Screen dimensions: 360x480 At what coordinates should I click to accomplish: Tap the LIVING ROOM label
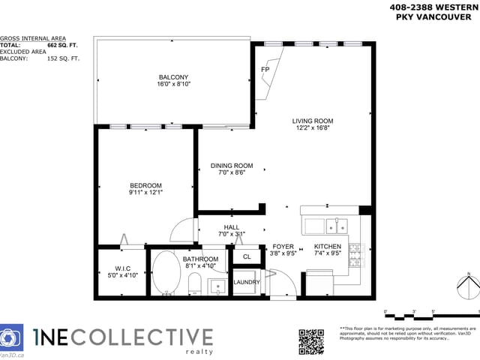pyautogui.click(x=313, y=121)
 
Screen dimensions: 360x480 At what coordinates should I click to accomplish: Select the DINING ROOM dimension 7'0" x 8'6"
pyautogui.click(x=231, y=173)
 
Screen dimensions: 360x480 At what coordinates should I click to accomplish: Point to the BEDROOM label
pyautogui.click(x=145, y=185)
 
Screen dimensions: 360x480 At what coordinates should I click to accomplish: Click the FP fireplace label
pyautogui.click(x=265, y=70)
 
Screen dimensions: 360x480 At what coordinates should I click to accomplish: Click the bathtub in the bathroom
pyautogui.click(x=166, y=274)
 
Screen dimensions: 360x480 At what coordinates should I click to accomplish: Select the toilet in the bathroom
pyautogui.click(x=194, y=283)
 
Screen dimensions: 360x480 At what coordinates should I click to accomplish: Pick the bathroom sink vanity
pyautogui.click(x=216, y=286)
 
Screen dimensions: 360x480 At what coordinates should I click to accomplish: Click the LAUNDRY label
pyautogui.click(x=246, y=283)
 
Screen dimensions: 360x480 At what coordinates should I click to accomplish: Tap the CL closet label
pyautogui.click(x=246, y=257)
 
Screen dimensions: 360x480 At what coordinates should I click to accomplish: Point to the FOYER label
pyautogui.click(x=283, y=247)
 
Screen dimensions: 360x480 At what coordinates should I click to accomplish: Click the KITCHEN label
pyautogui.click(x=328, y=247)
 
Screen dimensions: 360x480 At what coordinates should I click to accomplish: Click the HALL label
pyautogui.click(x=231, y=227)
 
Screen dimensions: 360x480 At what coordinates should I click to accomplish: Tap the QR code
pyautogui.click(x=311, y=341)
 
